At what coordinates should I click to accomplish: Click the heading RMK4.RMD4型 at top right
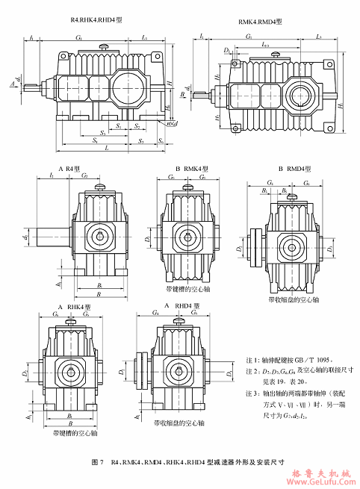(x=261, y=22)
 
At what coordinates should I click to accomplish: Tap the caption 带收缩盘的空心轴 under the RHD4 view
(x=178, y=423)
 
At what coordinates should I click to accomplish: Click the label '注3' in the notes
(x=252, y=391)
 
